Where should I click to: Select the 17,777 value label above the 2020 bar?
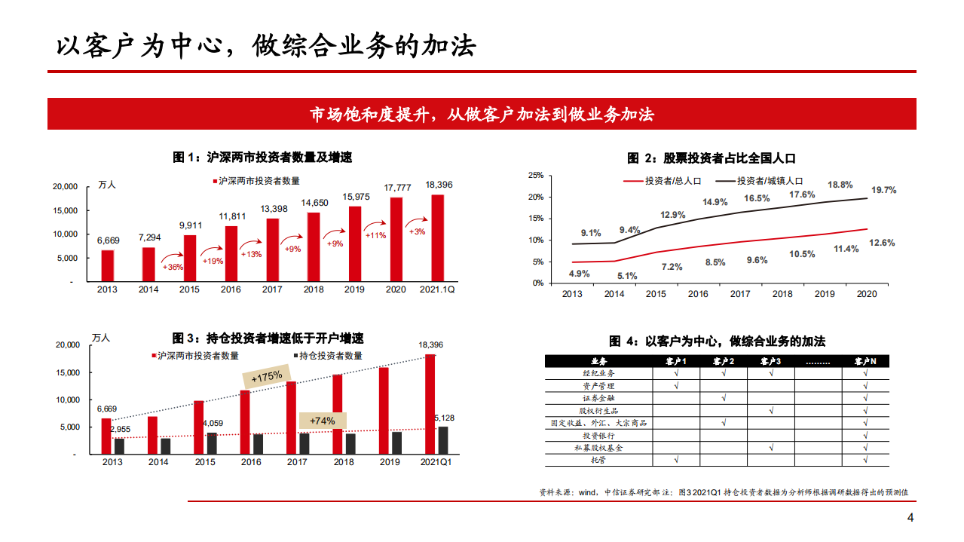tap(397, 187)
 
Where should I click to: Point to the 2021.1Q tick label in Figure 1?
tap(437, 289)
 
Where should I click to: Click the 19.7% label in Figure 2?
tap(883, 190)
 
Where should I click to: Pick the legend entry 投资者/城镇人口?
tap(770, 181)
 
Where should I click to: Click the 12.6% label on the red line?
tap(882, 243)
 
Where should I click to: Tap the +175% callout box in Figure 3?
tap(266, 376)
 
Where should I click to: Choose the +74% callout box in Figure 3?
tap(323, 421)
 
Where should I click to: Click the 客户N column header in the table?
tap(865, 361)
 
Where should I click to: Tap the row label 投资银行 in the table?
tap(598, 436)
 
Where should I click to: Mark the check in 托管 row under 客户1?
tap(676, 460)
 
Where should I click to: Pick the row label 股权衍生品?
tap(598, 411)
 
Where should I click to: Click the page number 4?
tap(910, 519)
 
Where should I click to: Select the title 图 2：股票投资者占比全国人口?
tap(712, 158)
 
